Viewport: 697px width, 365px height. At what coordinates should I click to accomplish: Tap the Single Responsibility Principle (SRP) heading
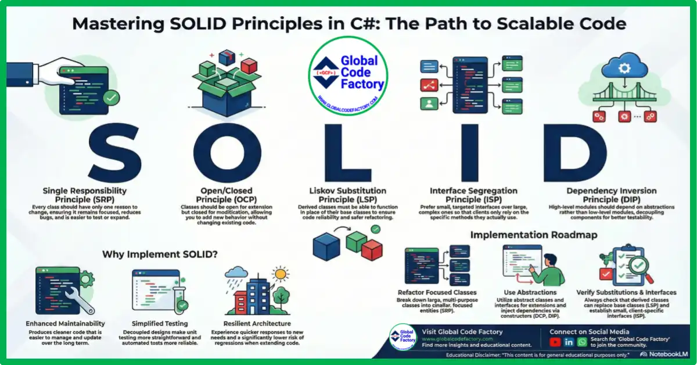85,194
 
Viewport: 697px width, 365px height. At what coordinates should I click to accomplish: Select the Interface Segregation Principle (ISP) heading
473,194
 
